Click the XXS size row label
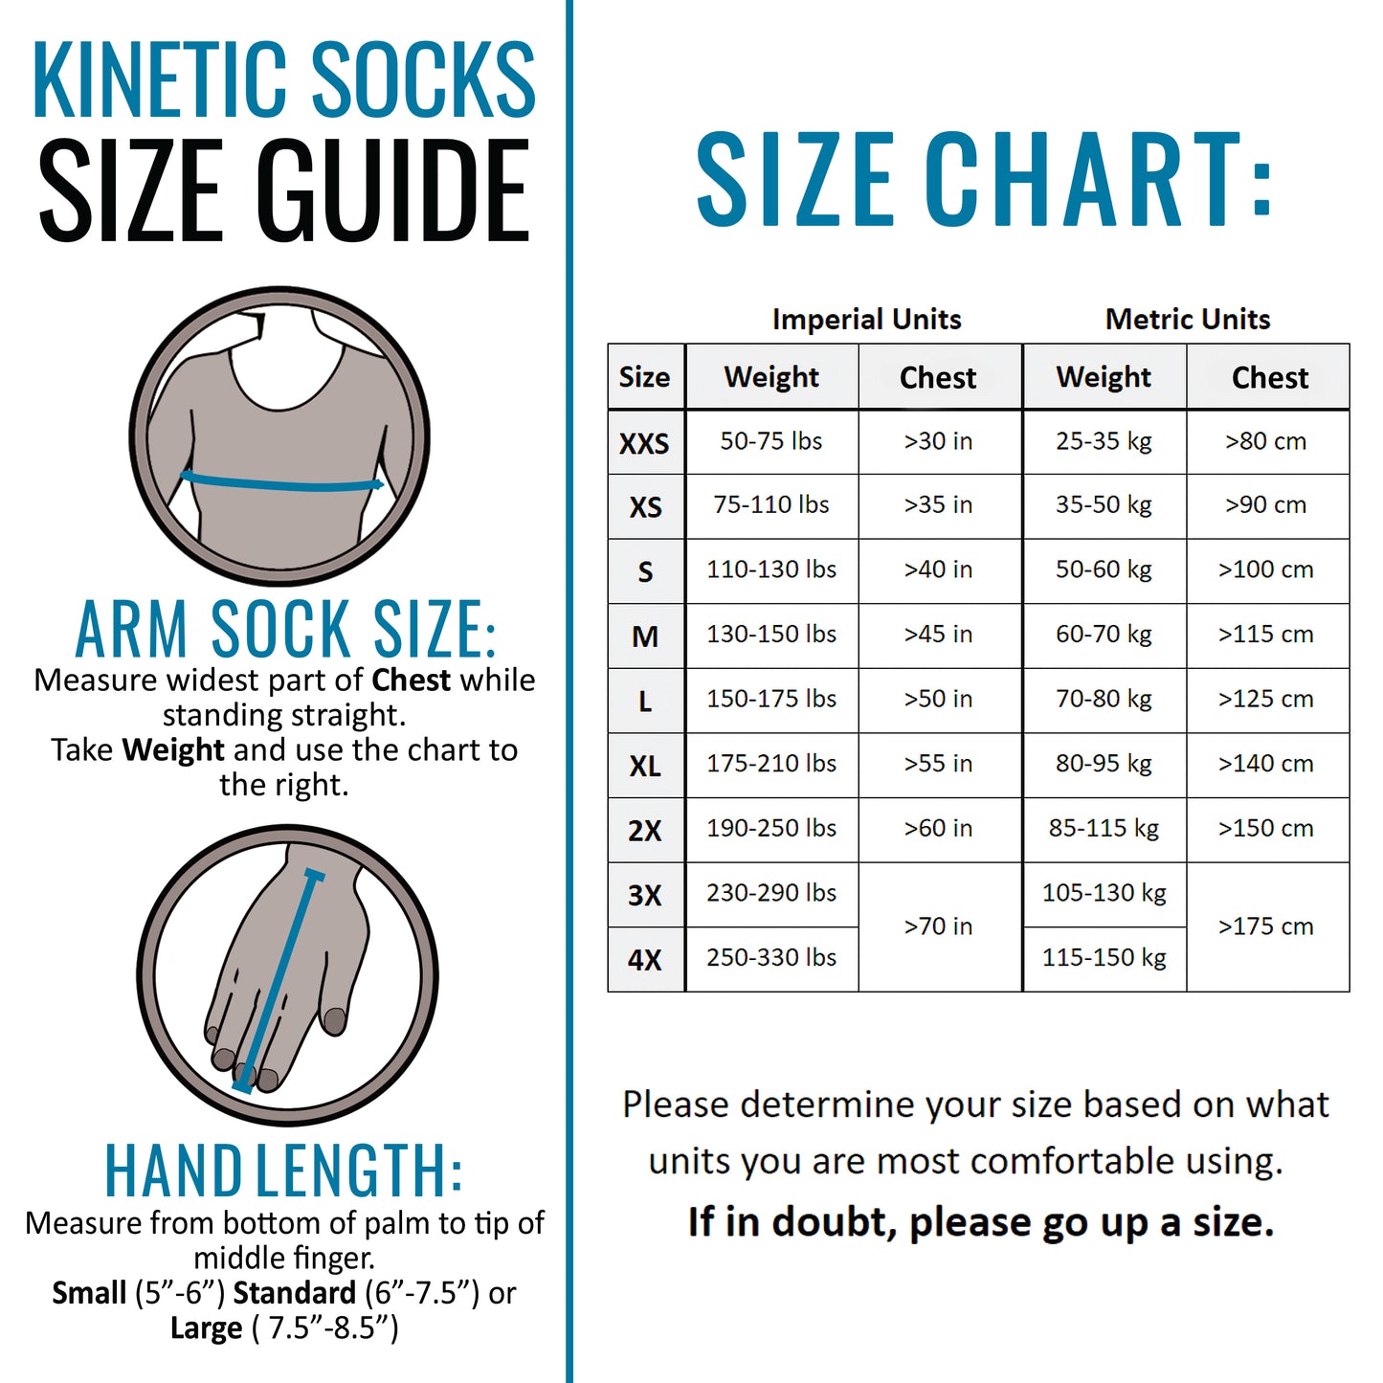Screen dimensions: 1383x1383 tap(644, 443)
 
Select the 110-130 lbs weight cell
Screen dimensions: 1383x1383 tap(771, 569)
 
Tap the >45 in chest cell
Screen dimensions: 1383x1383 tap(938, 635)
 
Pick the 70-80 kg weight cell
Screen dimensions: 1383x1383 tap(1104, 699)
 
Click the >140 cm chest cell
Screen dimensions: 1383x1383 tap(1265, 764)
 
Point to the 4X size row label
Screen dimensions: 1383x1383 tap(645, 959)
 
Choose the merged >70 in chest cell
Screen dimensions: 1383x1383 tap(938, 926)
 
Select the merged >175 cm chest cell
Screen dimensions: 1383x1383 tap(1265, 926)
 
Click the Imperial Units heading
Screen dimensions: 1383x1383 tap(866, 319)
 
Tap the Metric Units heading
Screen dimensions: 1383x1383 tap(1188, 319)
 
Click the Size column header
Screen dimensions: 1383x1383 tap(644, 377)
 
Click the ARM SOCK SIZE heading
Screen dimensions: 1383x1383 tap(285, 630)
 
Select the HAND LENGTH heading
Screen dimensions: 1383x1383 tap(283, 1171)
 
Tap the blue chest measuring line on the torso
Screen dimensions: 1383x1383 tap(282, 483)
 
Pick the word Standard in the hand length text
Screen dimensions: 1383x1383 tap(295, 1293)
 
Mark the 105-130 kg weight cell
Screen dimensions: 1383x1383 tap(1104, 893)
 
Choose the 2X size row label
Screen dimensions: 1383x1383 tap(645, 830)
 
